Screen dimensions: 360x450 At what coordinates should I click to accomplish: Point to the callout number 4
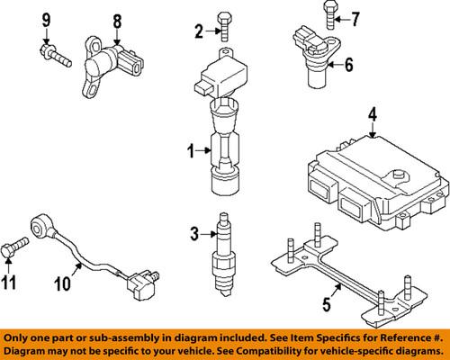point(372,114)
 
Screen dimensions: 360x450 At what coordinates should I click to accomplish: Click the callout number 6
point(349,64)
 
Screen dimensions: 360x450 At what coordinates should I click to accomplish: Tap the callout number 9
point(45,19)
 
